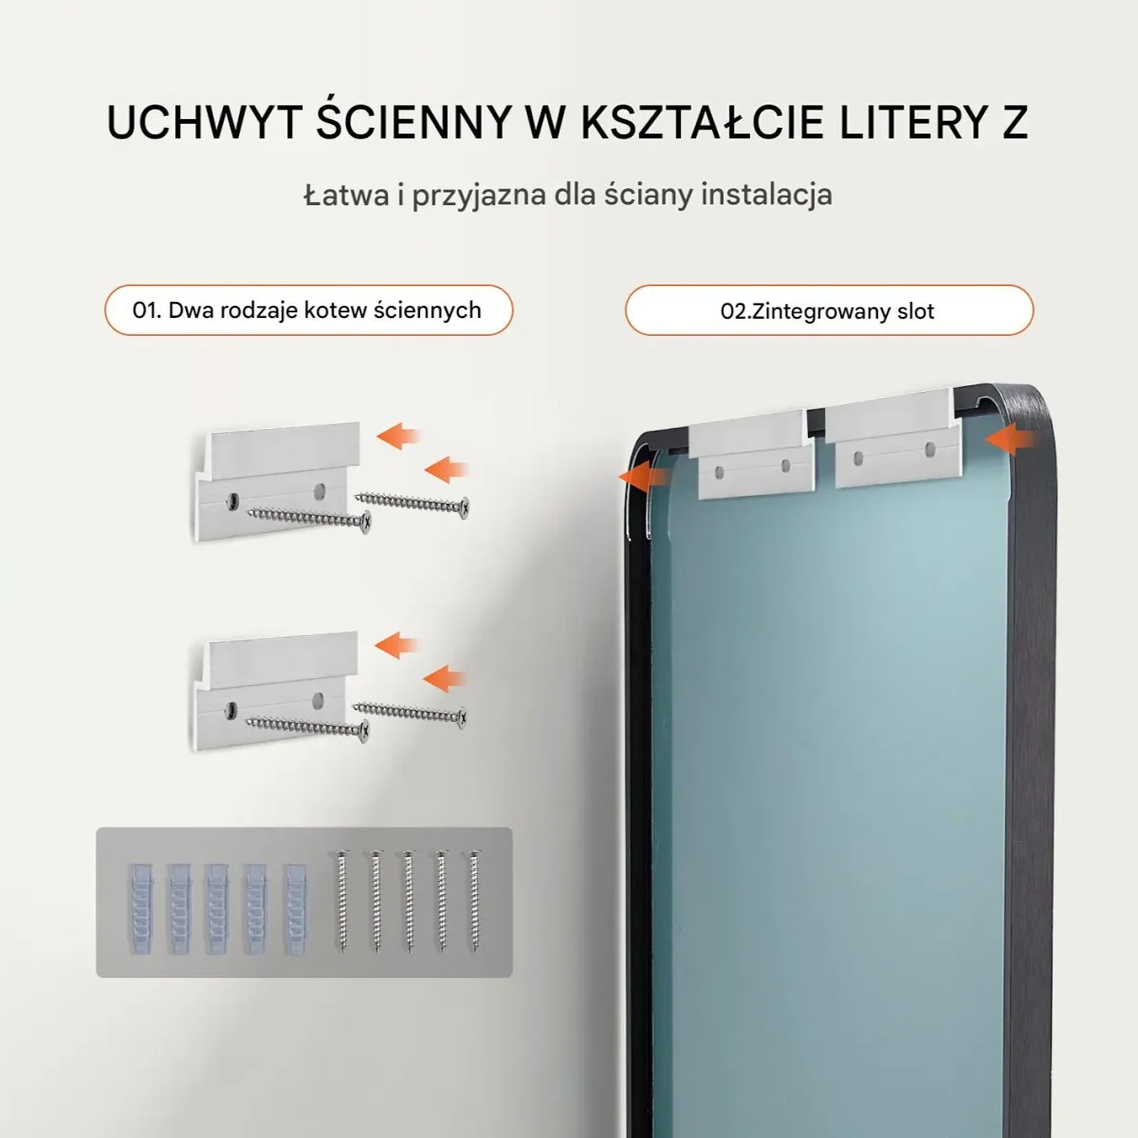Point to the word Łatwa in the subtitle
(346, 195)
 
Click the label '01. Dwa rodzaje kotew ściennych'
(307, 310)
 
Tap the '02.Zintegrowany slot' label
(827, 311)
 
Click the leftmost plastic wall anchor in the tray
(140, 909)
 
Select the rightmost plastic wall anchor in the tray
(296, 909)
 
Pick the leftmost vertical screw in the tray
(341, 901)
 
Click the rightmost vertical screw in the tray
(473, 901)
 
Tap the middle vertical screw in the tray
(408, 901)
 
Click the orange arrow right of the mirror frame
(1011, 439)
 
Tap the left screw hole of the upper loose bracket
(233, 501)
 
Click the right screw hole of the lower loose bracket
(319, 700)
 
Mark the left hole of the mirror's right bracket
(859, 457)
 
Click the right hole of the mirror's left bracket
(786, 466)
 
